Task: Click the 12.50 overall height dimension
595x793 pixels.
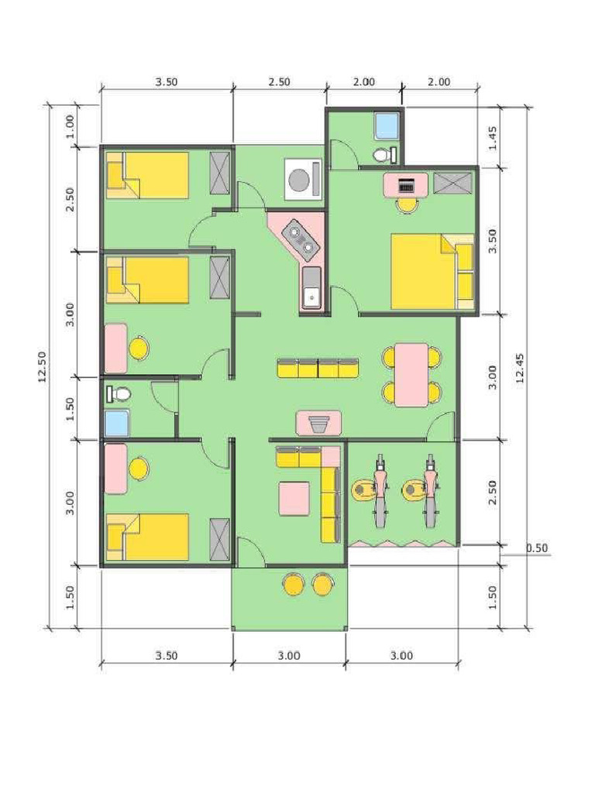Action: coord(42,366)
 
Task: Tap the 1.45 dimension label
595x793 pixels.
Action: coord(493,137)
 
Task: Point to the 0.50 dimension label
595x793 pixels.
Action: coord(536,548)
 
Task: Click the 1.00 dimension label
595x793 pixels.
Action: coord(71,125)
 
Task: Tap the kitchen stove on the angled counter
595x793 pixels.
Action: coord(301,238)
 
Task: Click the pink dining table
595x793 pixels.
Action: coord(411,375)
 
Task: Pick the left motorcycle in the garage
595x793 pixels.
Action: coord(379,489)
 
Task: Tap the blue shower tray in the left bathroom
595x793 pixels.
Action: coord(117,424)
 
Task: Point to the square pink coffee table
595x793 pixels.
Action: coord(294,498)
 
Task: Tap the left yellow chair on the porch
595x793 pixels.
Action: coord(294,583)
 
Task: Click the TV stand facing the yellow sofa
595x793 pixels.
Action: coord(319,424)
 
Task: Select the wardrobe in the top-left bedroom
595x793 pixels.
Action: coord(220,173)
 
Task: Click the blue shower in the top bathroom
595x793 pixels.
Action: coord(385,126)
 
